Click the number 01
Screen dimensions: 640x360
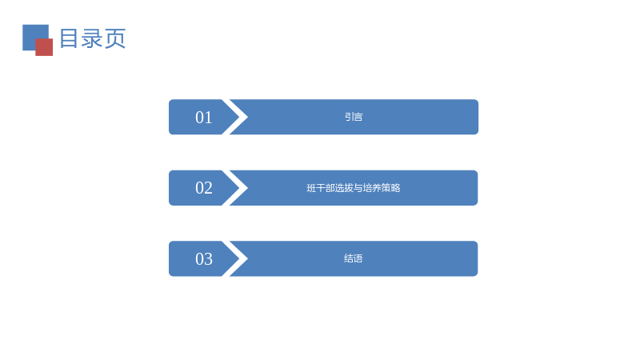[x=204, y=118]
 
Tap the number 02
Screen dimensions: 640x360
[x=204, y=188]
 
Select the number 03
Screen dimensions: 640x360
[x=204, y=258]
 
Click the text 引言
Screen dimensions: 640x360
[x=354, y=117]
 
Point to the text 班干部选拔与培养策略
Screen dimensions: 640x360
[x=354, y=188]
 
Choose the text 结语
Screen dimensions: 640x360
[x=354, y=258]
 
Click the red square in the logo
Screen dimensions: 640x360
[x=44, y=47]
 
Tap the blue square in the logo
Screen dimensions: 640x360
[x=33, y=34]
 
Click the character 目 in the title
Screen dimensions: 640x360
[x=69, y=38]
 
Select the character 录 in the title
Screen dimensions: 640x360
[x=92, y=38]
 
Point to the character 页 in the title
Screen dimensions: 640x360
[x=115, y=38]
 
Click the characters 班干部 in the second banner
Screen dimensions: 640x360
[x=321, y=188]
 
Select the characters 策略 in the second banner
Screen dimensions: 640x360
[x=391, y=188]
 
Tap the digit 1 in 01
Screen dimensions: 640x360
[x=209, y=118]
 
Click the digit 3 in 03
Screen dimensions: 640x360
[x=209, y=258]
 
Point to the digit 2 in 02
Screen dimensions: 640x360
[x=209, y=188]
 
